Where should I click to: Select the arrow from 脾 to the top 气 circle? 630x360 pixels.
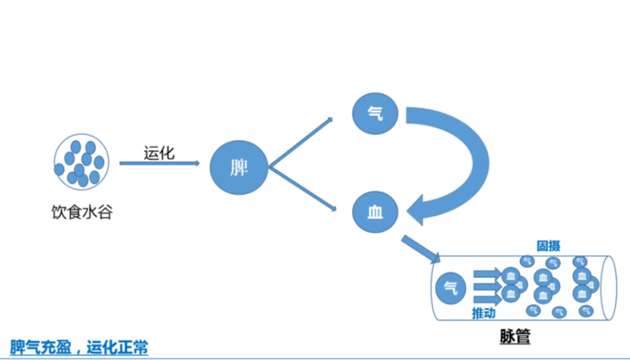(x=302, y=142)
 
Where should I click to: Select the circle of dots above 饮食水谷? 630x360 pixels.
(x=81, y=161)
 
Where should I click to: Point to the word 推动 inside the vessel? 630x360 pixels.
(x=484, y=312)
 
